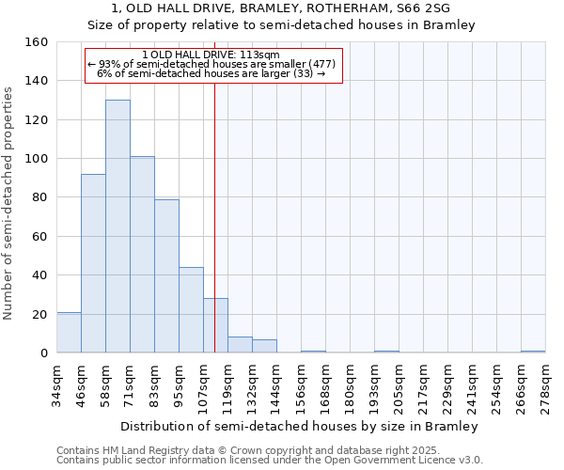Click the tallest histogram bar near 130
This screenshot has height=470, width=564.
(x=117, y=226)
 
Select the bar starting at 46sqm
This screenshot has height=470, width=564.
(x=93, y=263)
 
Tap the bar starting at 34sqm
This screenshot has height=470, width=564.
(x=69, y=333)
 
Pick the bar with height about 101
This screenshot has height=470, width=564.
(x=142, y=254)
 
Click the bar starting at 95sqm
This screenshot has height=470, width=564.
(x=191, y=310)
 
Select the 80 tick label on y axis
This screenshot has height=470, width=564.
(x=39, y=197)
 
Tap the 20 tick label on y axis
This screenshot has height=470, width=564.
(x=39, y=314)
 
